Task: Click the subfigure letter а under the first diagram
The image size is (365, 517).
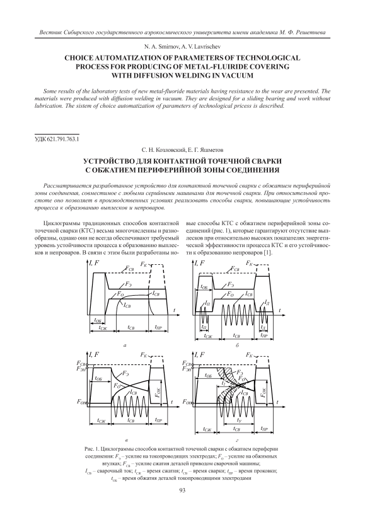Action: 125,346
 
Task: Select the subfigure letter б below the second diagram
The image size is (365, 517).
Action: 237,346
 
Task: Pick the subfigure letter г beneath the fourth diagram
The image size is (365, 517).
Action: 238,440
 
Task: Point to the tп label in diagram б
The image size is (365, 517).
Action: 204,327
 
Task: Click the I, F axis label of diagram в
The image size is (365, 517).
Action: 95,354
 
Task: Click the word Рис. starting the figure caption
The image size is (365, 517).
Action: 90,449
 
